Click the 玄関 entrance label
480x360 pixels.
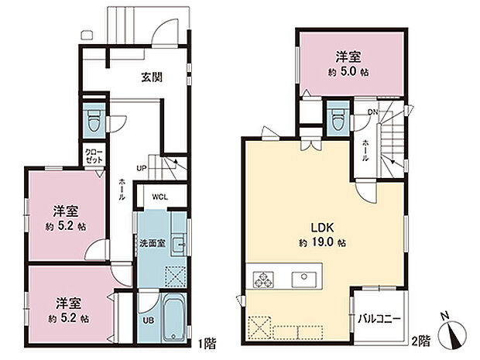point(152,77)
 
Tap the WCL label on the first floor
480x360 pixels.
point(160,197)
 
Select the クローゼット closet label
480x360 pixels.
point(94,156)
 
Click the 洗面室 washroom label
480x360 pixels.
point(153,243)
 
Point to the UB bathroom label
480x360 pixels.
point(148,321)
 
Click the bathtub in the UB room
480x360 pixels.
point(175,317)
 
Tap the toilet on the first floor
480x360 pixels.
point(94,121)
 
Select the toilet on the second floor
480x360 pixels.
point(338,118)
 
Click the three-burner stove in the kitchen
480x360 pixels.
point(263,279)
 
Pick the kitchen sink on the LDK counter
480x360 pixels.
point(304,279)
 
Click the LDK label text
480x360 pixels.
point(322,228)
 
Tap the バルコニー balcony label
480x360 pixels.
point(379,319)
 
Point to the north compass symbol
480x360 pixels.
point(452,331)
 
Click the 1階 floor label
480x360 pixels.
point(207,342)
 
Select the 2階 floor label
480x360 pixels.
point(420,341)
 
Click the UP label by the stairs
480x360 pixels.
point(142,168)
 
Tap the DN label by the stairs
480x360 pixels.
point(373,112)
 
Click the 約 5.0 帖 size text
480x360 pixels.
point(348,73)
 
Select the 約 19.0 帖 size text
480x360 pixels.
point(322,243)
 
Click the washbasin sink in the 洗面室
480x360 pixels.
point(178,244)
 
